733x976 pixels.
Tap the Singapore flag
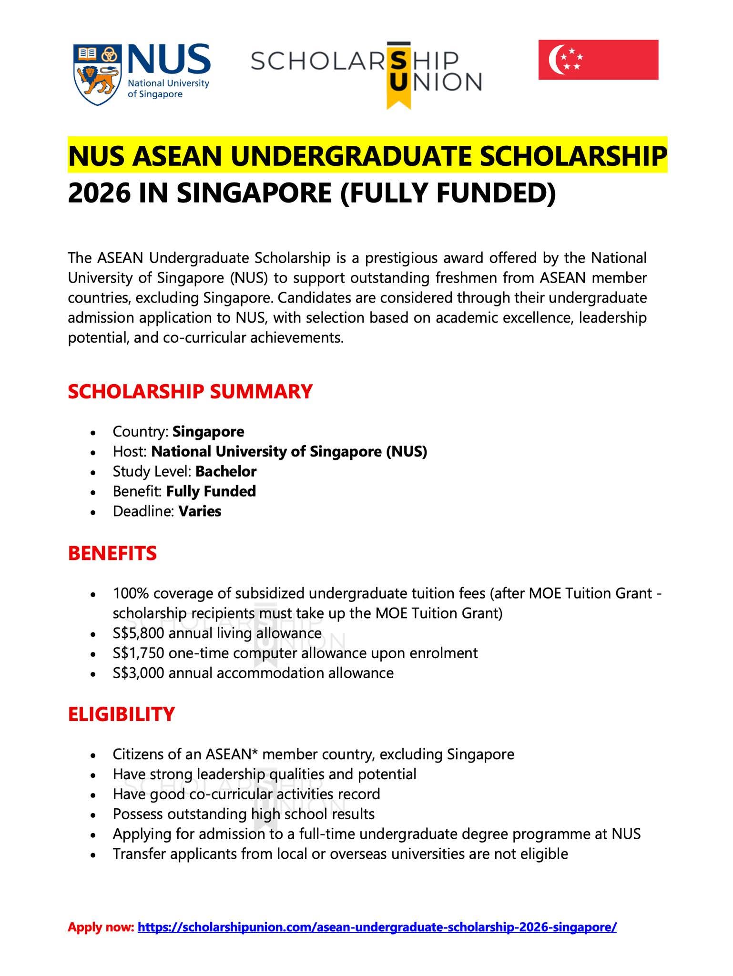pyautogui.click(x=598, y=60)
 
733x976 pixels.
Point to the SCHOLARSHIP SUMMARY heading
pyautogui.click(x=190, y=391)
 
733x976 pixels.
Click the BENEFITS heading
pyautogui.click(x=112, y=553)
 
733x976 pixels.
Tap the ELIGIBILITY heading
pyautogui.click(x=122, y=714)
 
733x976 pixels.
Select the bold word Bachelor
pyautogui.click(x=226, y=471)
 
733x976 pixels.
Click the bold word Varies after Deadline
pyautogui.click(x=200, y=511)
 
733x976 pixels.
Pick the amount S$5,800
pyautogui.click(x=138, y=633)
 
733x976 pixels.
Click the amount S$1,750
pyautogui.click(x=138, y=653)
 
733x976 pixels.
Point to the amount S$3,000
pyautogui.click(x=138, y=673)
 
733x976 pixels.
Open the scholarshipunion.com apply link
pyautogui.click(x=377, y=927)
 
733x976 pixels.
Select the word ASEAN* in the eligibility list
pyautogui.click(x=231, y=754)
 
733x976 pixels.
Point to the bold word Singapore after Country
pyautogui.click(x=208, y=431)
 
